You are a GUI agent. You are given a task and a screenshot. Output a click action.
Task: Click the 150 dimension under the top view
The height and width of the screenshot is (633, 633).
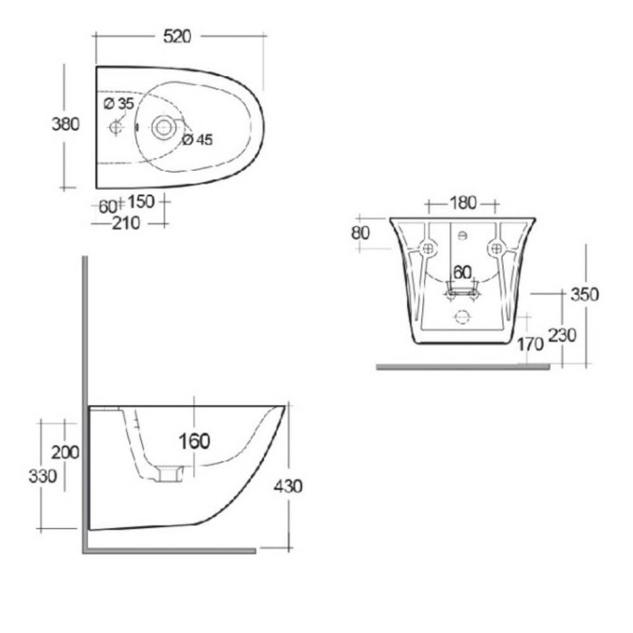[141, 202]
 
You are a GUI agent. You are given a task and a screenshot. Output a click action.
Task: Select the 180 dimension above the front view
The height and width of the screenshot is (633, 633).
[460, 203]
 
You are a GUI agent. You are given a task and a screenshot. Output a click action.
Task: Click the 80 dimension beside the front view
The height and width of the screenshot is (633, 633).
[361, 232]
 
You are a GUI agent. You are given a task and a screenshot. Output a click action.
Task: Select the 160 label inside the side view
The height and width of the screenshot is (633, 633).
[194, 441]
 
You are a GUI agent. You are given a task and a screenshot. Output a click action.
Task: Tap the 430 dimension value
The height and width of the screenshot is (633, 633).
[288, 486]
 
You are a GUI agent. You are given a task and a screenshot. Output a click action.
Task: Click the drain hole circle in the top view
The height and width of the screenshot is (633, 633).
[164, 128]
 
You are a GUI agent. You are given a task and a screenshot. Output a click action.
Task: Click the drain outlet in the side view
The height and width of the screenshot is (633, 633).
[169, 473]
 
